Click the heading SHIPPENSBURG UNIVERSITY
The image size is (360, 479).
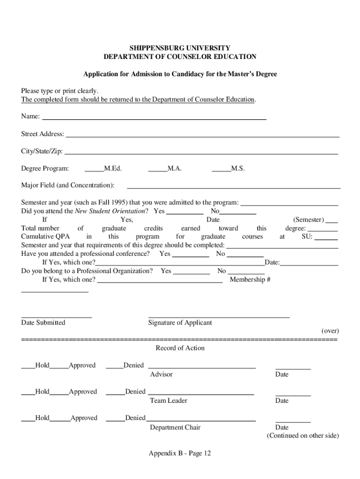pyautogui.click(x=180, y=48)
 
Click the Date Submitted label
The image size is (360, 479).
pyautogui.click(x=43, y=322)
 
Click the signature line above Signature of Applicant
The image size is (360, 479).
pyautogui.click(x=219, y=317)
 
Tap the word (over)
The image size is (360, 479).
pyautogui.click(x=330, y=331)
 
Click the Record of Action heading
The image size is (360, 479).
pyautogui.click(x=180, y=348)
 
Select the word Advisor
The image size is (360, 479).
pyautogui.click(x=161, y=374)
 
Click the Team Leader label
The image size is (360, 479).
pyautogui.click(x=168, y=400)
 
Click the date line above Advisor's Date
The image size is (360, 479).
pyautogui.click(x=293, y=369)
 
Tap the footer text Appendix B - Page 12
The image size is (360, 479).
pyautogui.click(x=180, y=453)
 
